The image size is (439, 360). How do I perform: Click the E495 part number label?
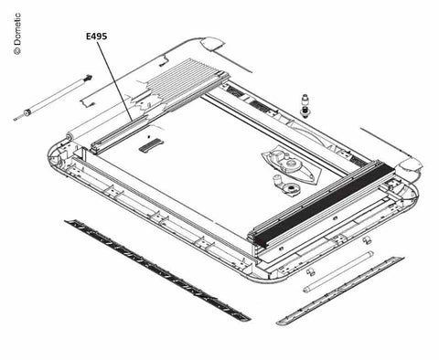96,37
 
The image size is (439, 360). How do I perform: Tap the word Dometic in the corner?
17,29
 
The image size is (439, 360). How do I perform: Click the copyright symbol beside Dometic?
17,51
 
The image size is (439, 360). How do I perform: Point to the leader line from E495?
114,81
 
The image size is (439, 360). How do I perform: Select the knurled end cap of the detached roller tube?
27,113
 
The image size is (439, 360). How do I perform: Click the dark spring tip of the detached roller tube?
88,78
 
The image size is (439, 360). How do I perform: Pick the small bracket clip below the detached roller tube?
87,101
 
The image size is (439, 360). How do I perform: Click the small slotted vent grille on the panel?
151,144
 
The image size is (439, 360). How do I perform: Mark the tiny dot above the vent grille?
148,136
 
